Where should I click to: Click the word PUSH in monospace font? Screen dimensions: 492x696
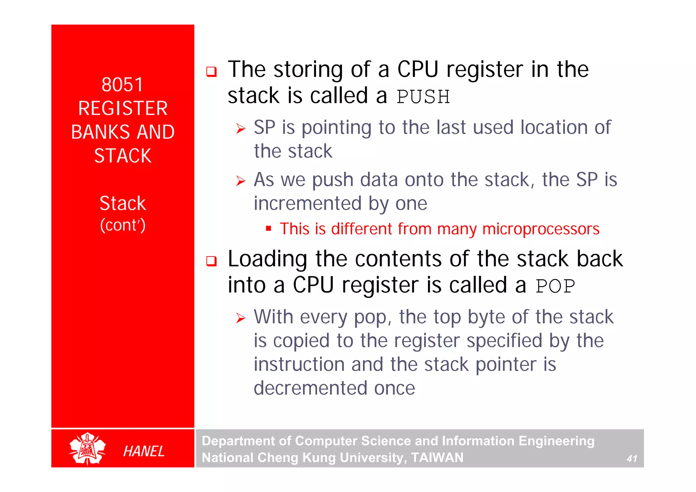coord(423,97)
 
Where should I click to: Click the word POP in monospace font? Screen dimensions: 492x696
coord(555,286)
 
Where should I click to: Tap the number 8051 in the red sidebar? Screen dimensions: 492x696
coord(122,85)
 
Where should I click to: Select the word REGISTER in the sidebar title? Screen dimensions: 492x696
coord(123,108)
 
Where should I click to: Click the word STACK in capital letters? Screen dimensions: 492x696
coord(123,156)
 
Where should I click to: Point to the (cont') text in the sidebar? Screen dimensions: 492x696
coord(123,225)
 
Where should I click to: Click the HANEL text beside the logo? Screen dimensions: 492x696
coord(144,451)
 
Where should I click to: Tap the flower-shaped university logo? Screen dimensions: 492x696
coord(88,449)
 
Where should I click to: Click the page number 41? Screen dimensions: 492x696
coord(632,459)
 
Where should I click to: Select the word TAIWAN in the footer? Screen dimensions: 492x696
coord(437,458)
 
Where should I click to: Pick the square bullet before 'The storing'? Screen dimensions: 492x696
coord(211,72)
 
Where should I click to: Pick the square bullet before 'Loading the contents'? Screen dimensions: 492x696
coord(211,261)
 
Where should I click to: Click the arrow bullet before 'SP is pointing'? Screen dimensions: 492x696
coord(241,129)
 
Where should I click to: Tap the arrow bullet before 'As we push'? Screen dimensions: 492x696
coord(241,181)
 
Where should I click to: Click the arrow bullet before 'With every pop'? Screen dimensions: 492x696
coord(241,318)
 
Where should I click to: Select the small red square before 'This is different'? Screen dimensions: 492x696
coord(268,228)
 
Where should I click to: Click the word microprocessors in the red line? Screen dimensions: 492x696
coord(541,229)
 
